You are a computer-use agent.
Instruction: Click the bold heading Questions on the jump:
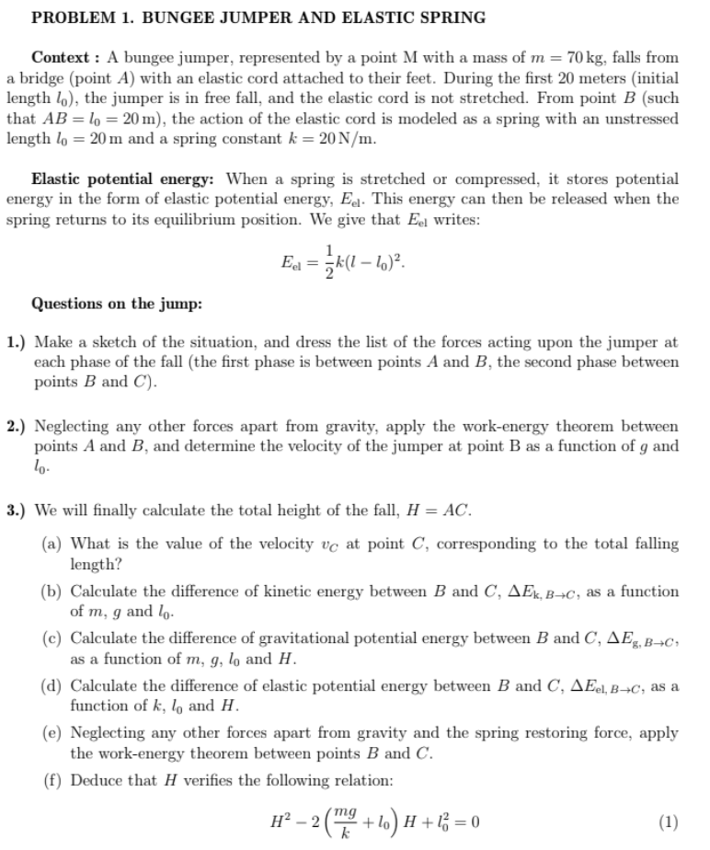click(117, 304)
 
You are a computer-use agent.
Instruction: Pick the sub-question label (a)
click(52, 545)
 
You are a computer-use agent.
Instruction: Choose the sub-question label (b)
click(52, 592)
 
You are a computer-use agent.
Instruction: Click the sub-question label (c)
click(52, 638)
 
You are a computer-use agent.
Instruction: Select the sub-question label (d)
click(52, 685)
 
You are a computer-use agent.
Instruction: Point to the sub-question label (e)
click(52, 733)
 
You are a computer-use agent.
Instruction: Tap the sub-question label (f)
click(52, 780)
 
